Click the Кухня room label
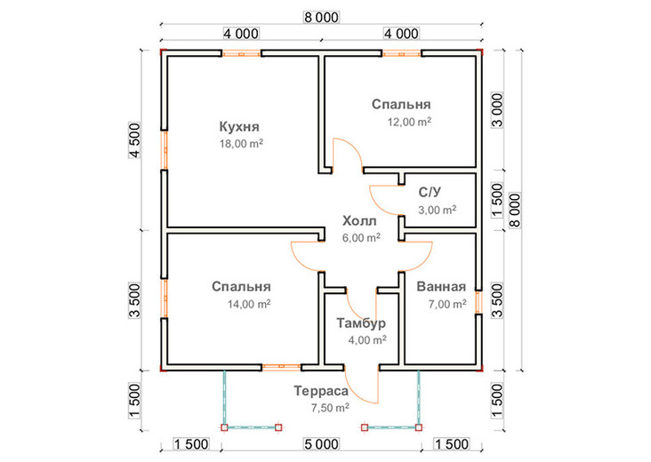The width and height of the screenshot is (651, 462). point(239,127)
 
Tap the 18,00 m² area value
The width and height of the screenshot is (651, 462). point(241,144)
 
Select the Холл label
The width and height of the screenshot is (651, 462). point(359,221)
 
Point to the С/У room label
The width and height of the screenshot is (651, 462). point(430,193)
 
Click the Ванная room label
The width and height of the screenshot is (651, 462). point(441,287)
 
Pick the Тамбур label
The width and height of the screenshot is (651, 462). point(361,323)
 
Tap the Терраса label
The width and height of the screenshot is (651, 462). point(321,391)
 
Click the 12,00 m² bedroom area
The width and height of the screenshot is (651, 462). point(409,122)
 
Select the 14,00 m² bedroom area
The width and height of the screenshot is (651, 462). point(249,304)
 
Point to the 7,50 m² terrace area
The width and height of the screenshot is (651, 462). point(331,408)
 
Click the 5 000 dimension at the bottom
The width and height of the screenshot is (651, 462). point(321,444)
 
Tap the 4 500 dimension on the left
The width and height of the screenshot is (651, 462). point(136,140)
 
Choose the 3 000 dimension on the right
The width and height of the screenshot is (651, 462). point(497,110)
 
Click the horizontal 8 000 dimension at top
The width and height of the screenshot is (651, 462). point(322,18)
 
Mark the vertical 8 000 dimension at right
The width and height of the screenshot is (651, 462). point(515,210)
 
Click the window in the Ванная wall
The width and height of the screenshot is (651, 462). point(478,302)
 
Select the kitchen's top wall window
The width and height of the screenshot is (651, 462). point(241,53)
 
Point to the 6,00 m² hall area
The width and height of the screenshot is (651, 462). point(361,237)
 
